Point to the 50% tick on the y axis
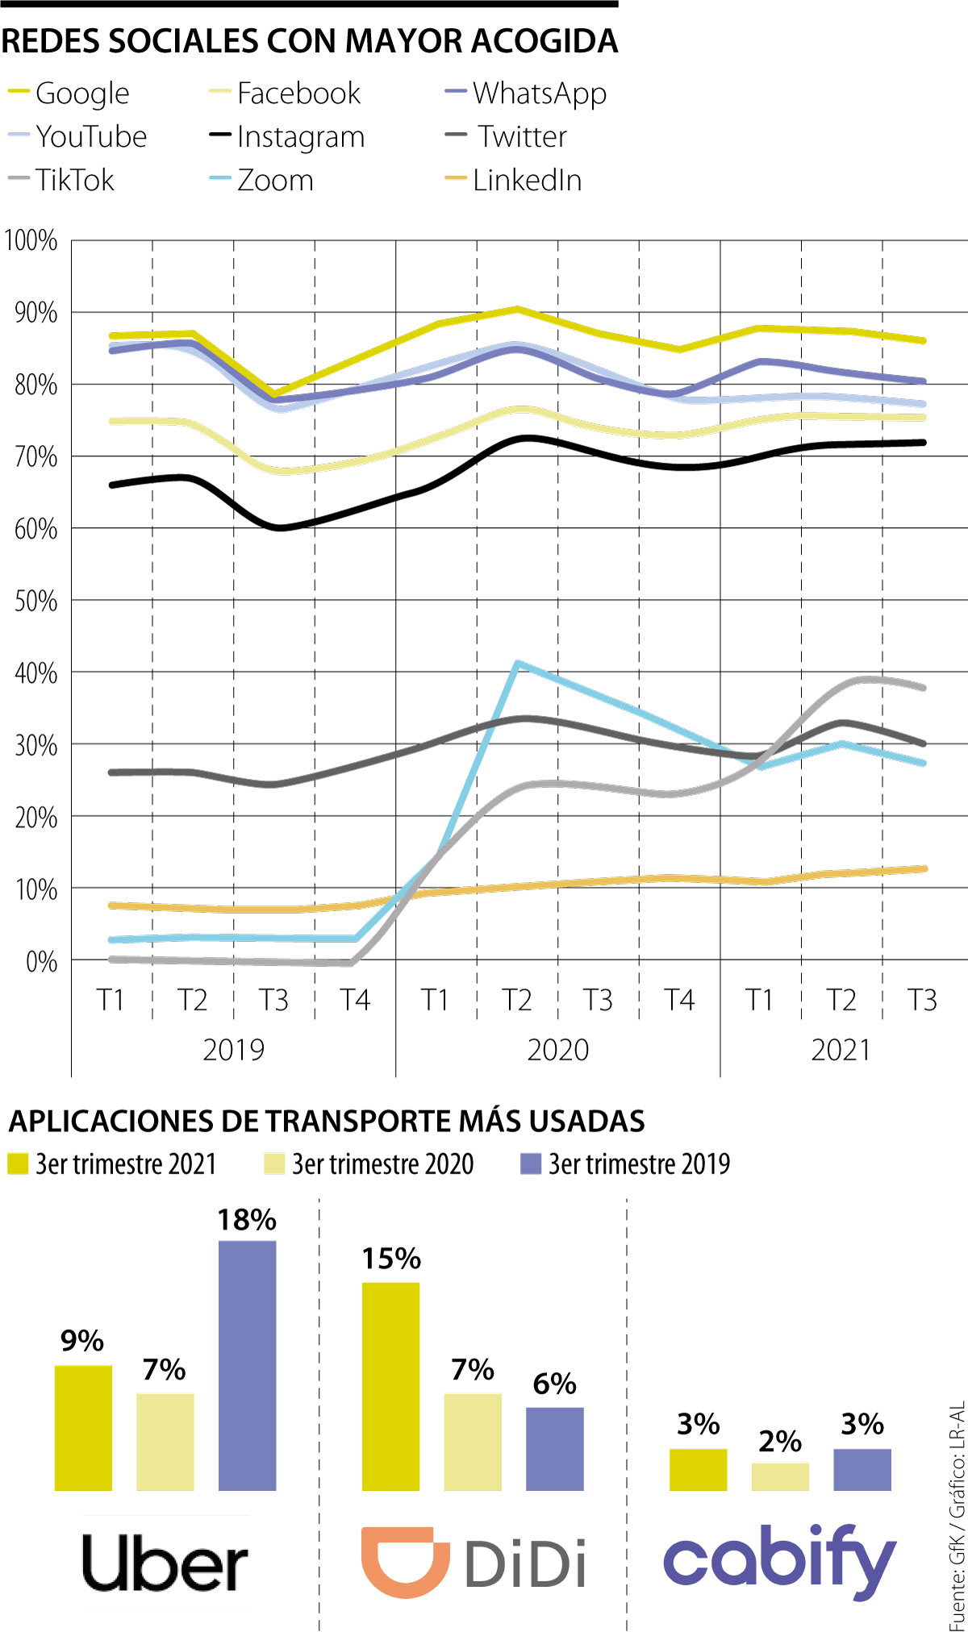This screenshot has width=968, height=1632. [x=36, y=601]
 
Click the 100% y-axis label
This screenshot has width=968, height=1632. [x=31, y=240]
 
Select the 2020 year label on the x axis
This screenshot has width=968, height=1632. [x=557, y=1050]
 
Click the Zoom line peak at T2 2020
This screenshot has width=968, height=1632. [x=517, y=664]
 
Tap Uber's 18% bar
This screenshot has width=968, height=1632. [x=247, y=1364]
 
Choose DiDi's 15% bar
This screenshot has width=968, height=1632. [x=390, y=1385]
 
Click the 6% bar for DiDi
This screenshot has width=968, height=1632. [x=554, y=1448]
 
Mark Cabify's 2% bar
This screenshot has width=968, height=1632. [x=780, y=1476]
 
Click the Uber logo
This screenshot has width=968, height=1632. [x=165, y=1563]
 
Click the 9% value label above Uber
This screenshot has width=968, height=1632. [x=82, y=1341]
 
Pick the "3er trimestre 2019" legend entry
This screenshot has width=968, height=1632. [x=626, y=1164]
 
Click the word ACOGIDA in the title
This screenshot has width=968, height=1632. [x=544, y=40]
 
